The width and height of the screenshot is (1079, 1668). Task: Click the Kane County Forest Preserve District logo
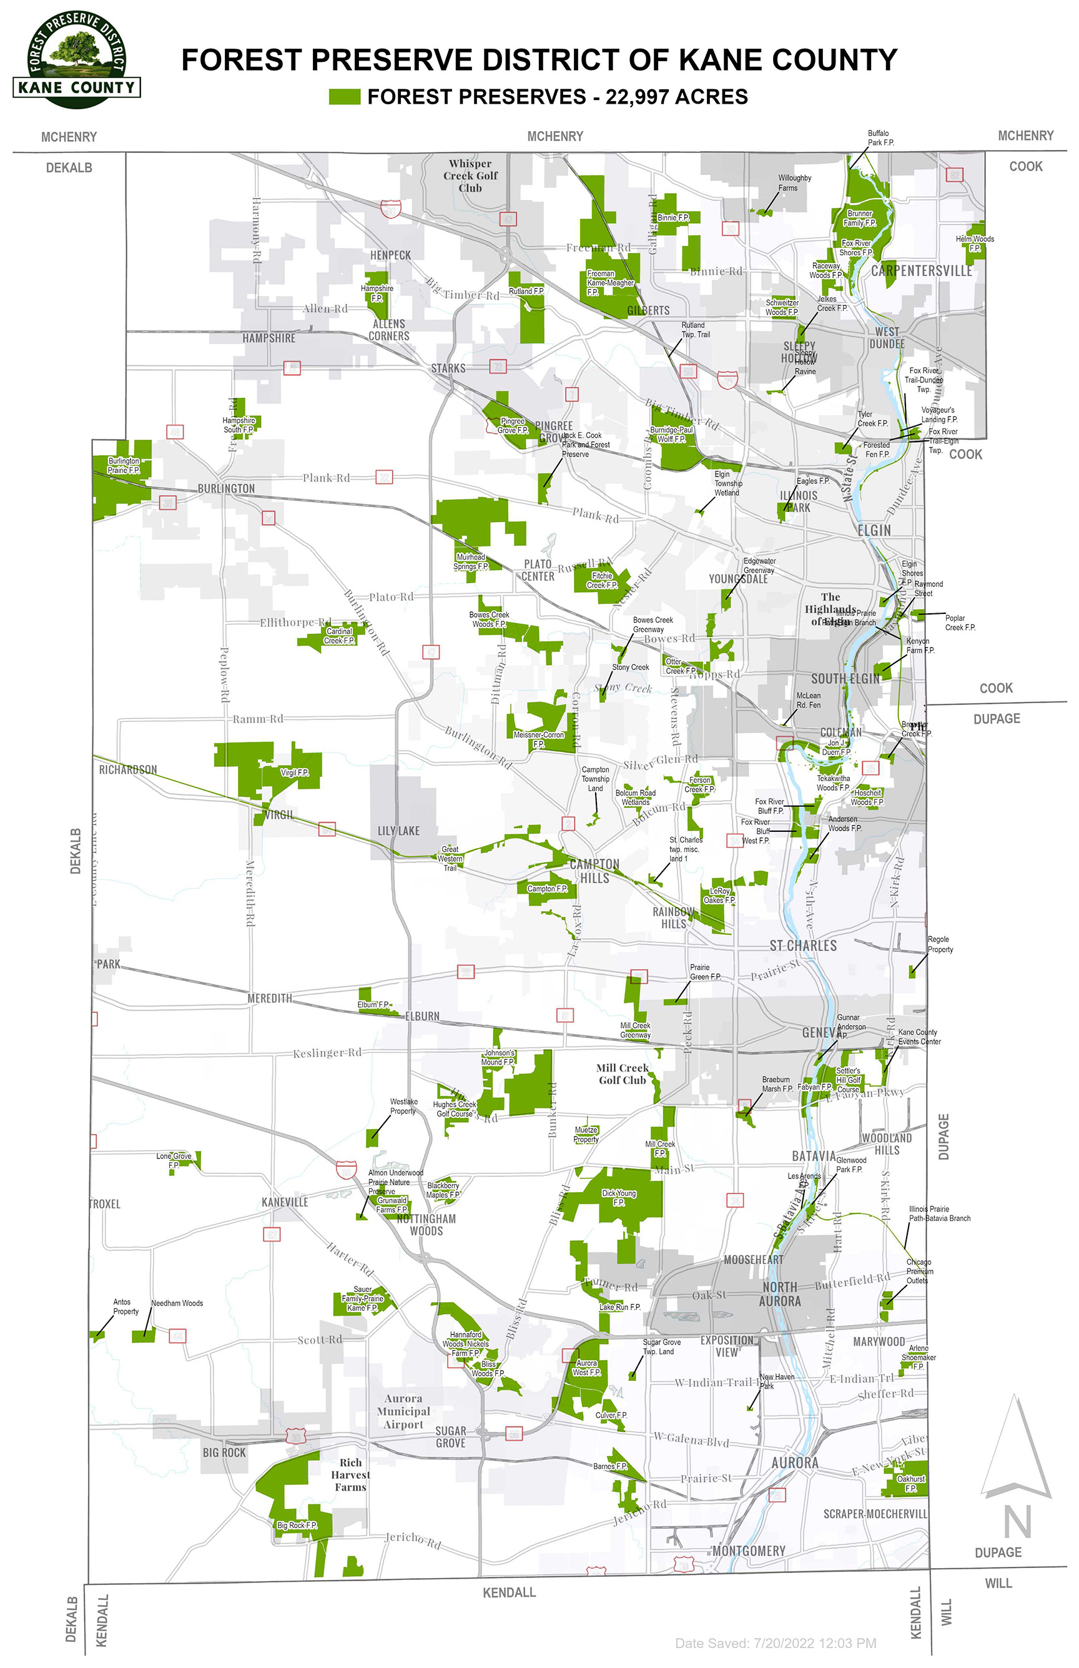coord(76,59)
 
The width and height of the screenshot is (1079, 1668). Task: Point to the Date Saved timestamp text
coord(776,1643)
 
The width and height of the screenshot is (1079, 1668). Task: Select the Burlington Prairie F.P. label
coord(124,465)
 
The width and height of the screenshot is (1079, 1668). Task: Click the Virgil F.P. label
coord(294,772)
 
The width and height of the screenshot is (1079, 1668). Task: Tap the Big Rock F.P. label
coord(297,1525)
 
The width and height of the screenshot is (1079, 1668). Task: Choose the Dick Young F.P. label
coord(619,1197)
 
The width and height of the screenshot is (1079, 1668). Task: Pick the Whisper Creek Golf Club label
coord(470,176)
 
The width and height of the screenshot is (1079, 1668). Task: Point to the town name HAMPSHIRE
coord(269,338)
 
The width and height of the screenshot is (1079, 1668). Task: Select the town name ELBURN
coord(423,1016)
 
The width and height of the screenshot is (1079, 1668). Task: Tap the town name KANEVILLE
coord(285,1202)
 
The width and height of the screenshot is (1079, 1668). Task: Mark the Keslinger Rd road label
coord(327,1053)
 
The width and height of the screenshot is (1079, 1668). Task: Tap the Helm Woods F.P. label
coord(975,243)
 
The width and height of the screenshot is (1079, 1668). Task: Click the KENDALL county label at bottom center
coord(510,1592)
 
